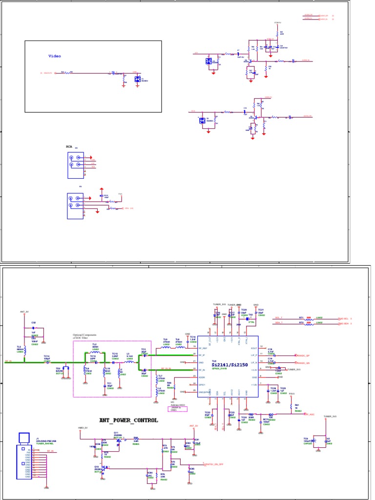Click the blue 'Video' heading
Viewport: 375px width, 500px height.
pos(55,56)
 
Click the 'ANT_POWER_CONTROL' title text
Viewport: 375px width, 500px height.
pos(128,420)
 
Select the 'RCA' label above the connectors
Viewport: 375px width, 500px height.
pos(69,146)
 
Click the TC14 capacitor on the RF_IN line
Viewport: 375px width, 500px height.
pos(47,362)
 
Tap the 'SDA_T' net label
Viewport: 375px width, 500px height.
pos(279,323)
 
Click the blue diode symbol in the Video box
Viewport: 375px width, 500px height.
pos(137,79)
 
